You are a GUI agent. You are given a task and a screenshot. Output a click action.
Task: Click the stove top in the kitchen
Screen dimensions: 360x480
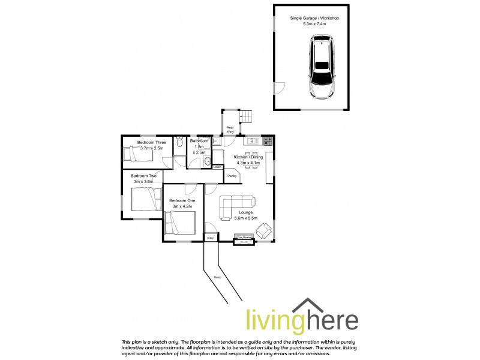tap(267, 142)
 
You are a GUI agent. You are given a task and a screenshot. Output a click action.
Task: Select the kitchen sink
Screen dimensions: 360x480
tap(253, 142)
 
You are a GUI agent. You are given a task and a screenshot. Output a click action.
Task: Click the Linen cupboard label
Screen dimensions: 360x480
tap(217, 167)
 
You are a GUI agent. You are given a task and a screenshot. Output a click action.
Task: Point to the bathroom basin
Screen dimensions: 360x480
tap(208, 161)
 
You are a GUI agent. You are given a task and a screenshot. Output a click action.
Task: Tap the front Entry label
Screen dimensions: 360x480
tap(211, 238)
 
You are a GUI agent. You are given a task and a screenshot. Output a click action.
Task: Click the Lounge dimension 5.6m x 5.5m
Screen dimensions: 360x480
tap(245, 218)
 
